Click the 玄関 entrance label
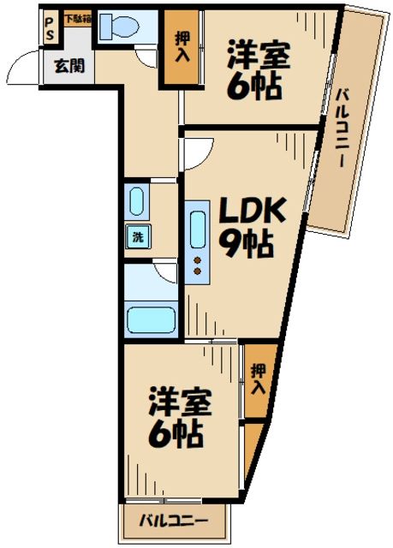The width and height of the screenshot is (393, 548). coord(69,66)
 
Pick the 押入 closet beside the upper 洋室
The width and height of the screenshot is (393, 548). coord(182,46)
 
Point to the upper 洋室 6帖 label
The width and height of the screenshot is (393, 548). coord(258,72)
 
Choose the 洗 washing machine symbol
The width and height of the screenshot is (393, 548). coord(137,238)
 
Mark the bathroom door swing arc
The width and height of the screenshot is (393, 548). coord(165,271)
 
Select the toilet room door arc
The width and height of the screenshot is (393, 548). coord(146,55)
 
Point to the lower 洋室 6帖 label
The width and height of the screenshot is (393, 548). coord(178,419)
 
